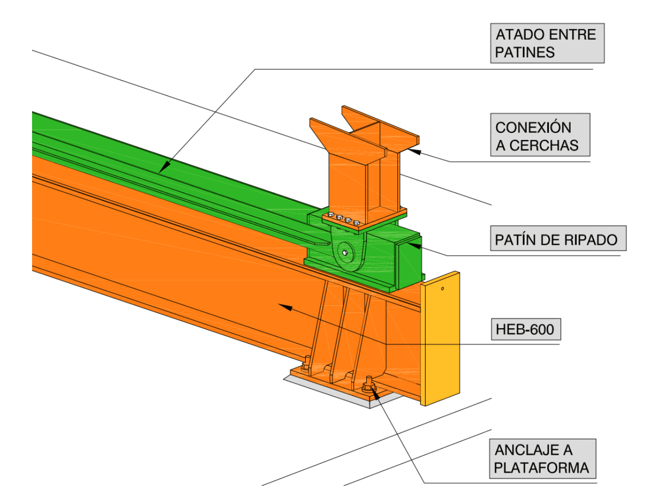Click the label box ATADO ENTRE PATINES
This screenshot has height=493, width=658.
click(547, 43)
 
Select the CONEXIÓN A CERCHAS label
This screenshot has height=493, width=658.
click(540, 135)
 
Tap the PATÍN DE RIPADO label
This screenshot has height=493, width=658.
click(558, 238)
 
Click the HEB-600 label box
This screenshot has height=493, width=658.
click(526, 329)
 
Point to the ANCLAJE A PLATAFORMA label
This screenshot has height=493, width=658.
click(543, 459)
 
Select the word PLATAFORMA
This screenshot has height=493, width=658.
click(542, 468)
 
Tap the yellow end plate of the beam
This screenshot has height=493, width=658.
click(440, 338)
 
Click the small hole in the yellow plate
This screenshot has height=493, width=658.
click(442, 288)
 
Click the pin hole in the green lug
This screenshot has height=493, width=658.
click(345, 253)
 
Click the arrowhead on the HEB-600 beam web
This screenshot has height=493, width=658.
click(286, 307)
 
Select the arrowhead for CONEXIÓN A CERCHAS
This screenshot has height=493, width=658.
click(414, 151)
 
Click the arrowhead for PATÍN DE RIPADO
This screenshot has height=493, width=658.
click(414, 245)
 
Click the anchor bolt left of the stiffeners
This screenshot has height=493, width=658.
click(306, 364)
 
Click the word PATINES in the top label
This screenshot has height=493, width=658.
click(525, 52)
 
